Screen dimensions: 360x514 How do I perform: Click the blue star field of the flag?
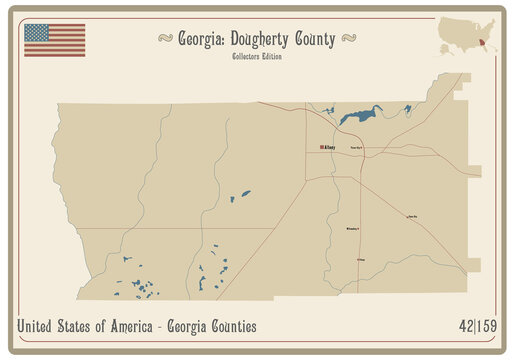click(x=38, y=32)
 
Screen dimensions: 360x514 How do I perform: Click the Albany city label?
click(x=330, y=147)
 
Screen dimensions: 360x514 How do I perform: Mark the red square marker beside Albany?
click(x=321, y=147)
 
